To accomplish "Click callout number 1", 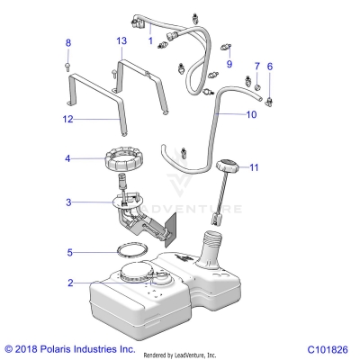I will pyautogui.click(x=149, y=41).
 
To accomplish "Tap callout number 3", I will pyautogui.click(x=67, y=202).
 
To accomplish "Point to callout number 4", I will pyautogui.click(x=67, y=159).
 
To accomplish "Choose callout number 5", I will pyautogui.click(x=67, y=252).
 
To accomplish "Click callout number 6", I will pyautogui.click(x=269, y=67).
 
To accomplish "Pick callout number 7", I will pyautogui.click(x=256, y=67).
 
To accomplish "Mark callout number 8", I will pyautogui.click(x=67, y=42).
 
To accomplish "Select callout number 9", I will pyautogui.click(x=229, y=65).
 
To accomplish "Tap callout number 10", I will pyautogui.click(x=251, y=115).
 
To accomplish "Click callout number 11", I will pyautogui.click(x=254, y=167).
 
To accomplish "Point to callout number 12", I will pyautogui.click(x=67, y=119).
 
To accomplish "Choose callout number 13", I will pyautogui.click(x=121, y=42).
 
